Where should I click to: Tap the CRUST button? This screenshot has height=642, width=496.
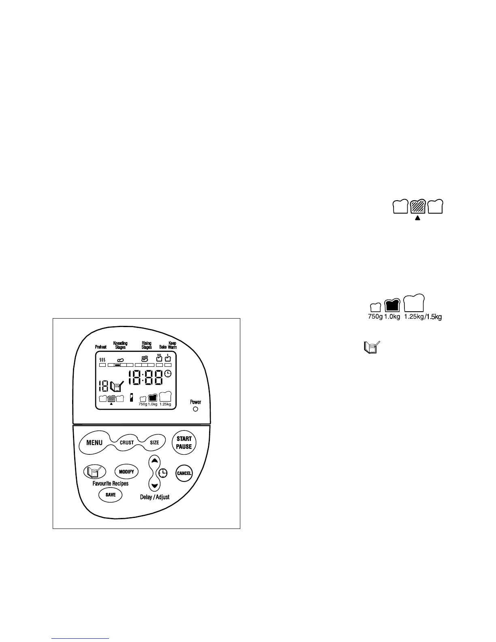point(127,443)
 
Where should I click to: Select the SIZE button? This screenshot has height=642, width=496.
point(154,443)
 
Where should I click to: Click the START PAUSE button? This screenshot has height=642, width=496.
point(184,443)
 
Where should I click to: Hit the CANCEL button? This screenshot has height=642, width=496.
point(184,473)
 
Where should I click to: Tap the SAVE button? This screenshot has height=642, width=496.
point(111,494)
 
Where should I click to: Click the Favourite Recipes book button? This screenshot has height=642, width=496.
point(94,472)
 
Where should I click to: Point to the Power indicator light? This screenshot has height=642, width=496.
point(195,409)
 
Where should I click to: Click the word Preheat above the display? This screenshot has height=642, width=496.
point(101,347)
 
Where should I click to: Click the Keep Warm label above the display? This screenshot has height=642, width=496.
point(172,345)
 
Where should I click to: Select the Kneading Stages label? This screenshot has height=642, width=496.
point(120,345)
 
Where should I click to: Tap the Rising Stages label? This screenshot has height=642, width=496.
point(147,345)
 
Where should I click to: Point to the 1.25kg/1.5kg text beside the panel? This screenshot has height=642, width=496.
point(423,317)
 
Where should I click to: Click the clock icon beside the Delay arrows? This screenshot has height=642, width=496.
point(163,473)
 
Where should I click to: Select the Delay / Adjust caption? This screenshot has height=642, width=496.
point(155,497)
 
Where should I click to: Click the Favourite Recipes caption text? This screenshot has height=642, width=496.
point(111,483)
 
